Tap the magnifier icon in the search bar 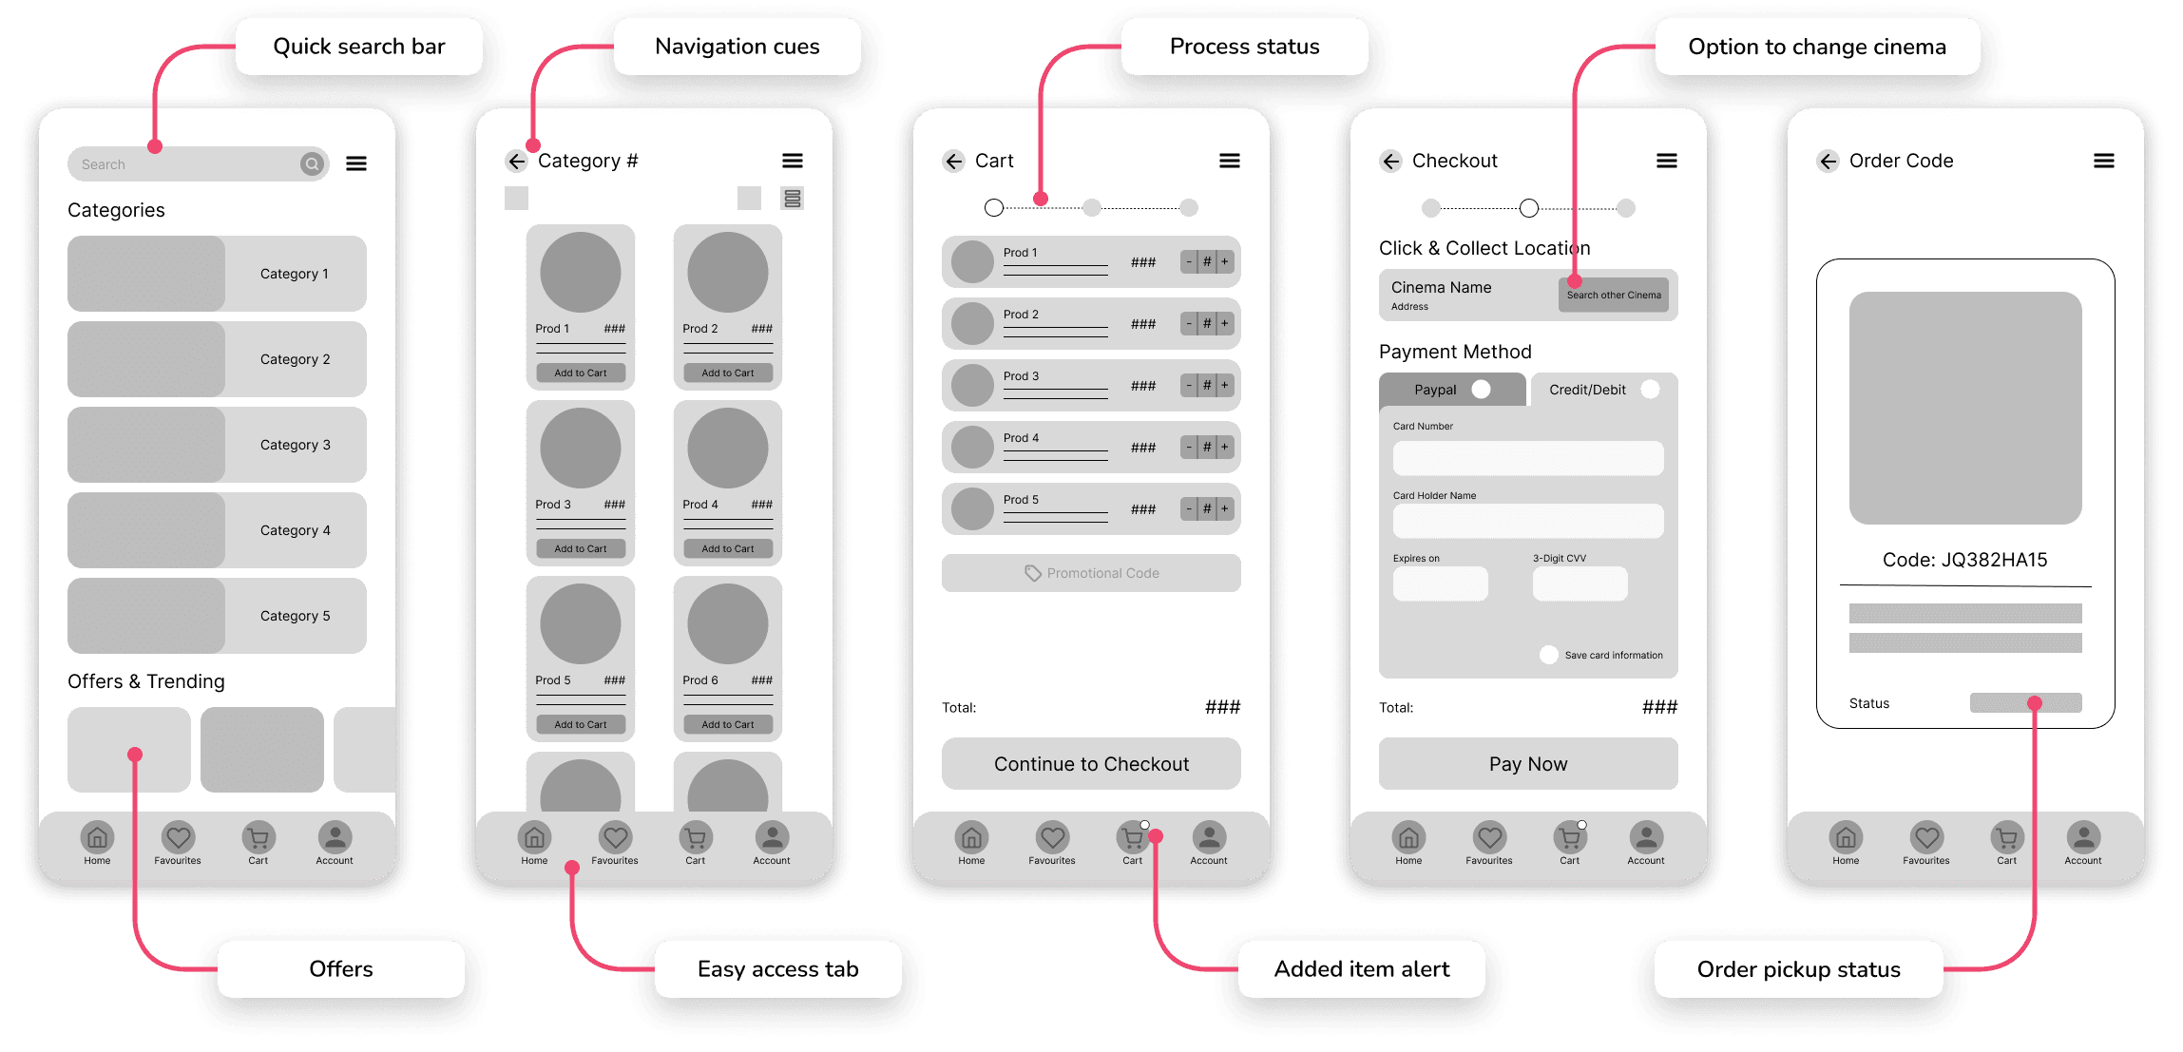point(312,164)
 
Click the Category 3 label point(296,445)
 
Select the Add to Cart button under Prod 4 point(728,548)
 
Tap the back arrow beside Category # point(516,162)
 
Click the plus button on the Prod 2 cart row point(1225,323)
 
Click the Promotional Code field point(1091,573)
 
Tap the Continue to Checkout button point(1091,764)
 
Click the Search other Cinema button point(1614,295)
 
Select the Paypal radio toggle point(1481,390)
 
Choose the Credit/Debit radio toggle point(1650,390)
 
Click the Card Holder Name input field point(1528,521)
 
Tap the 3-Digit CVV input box point(1580,583)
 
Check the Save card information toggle point(1549,655)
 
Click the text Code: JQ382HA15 point(1965,560)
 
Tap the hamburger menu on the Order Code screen point(2104,162)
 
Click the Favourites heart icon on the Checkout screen point(1489,837)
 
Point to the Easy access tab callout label point(778,969)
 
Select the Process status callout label point(1245,47)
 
